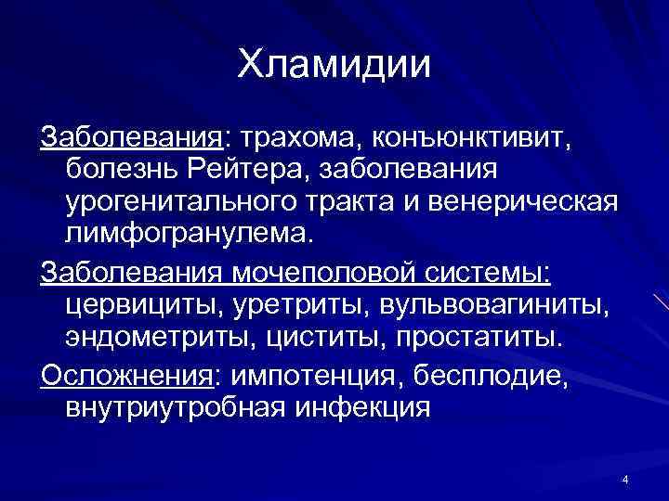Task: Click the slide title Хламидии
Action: click(x=334, y=65)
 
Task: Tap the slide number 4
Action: click(x=625, y=480)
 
